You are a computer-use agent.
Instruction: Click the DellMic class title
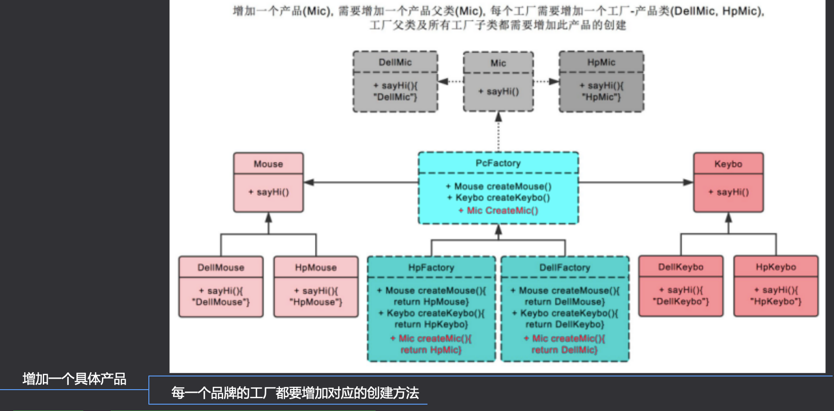(x=395, y=62)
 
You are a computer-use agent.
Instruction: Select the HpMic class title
(x=601, y=62)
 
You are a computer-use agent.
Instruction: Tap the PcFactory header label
(x=498, y=163)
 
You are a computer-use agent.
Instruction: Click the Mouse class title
(x=268, y=164)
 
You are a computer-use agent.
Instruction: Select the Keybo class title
(x=728, y=164)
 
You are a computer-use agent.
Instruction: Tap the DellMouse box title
(x=221, y=268)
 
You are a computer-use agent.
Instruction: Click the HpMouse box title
(x=315, y=268)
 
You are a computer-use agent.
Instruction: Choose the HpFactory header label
(x=431, y=268)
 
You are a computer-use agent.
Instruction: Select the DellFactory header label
(x=564, y=268)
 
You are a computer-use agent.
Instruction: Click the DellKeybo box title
(x=681, y=267)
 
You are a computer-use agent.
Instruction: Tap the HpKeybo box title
(x=776, y=267)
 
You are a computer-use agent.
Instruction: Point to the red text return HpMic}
(x=431, y=350)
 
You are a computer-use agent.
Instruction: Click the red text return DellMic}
(x=564, y=350)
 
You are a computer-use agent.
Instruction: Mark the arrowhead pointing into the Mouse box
(x=309, y=182)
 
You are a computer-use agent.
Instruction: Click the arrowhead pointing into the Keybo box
(x=688, y=182)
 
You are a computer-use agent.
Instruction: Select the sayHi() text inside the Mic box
(x=498, y=92)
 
